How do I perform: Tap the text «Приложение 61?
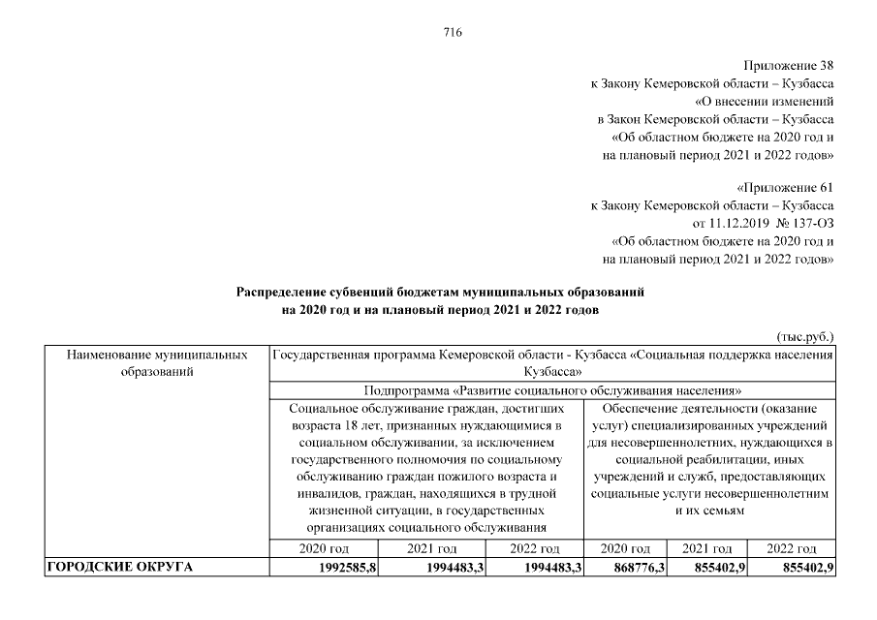pos(785,186)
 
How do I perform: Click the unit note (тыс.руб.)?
pos(806,336)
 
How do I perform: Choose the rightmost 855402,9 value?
pos(807,567)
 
